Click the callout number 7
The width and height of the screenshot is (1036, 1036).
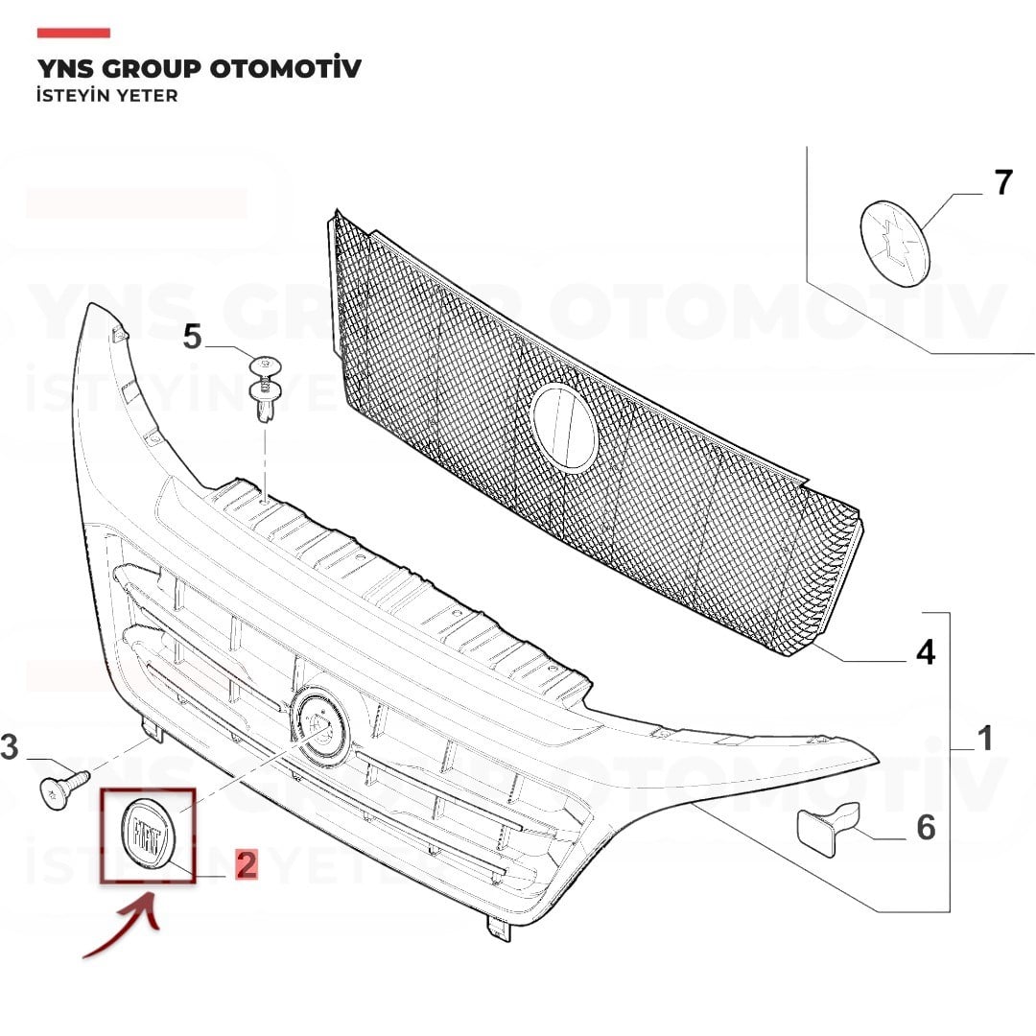point(1003,182)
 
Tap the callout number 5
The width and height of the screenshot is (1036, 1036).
point(192,337)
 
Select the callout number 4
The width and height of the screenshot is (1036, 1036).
point(926,652)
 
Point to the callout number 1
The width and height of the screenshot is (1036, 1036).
point(985,738)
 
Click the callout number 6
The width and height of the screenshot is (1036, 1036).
point(926,827)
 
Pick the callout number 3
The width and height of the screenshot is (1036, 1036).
point(10,746)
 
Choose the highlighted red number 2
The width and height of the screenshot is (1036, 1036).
point(247,864)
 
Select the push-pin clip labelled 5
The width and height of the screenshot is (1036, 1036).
point(265,388)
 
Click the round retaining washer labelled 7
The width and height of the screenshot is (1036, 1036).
point(895,243)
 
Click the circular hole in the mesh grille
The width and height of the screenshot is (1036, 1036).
point(564,428)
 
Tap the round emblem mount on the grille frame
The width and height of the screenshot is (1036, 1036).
point(321,727)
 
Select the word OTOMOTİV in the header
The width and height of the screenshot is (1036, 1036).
point(286,69)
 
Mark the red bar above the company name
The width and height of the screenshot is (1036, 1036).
point(73,33)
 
